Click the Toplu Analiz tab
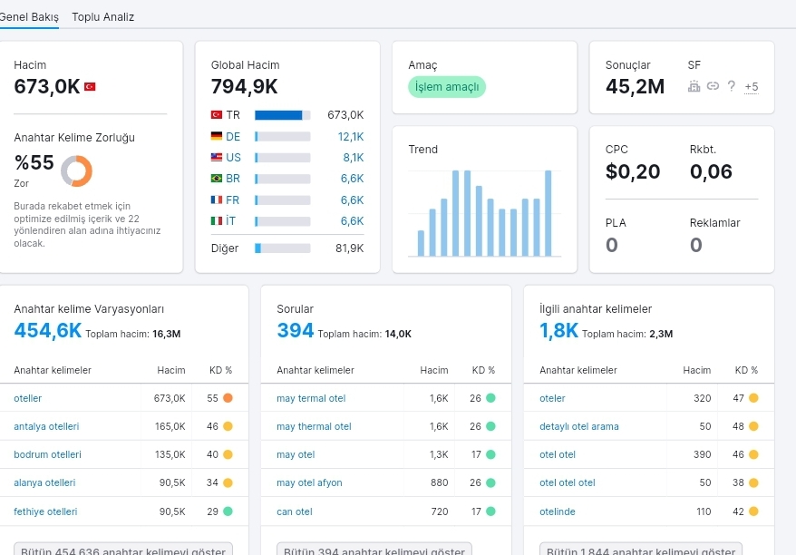103,16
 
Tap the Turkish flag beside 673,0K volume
90,87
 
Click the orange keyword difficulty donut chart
77,170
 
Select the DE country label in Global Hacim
233,137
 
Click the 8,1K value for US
354,158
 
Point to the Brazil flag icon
217,179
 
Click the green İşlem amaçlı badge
447,87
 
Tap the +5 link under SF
752,87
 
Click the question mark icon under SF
731,86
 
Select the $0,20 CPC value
633,171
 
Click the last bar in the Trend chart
548,213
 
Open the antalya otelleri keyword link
46,426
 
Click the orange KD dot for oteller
228,398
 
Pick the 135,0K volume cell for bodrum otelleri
170,454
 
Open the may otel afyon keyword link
309,482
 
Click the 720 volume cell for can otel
440,511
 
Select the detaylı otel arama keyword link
579,426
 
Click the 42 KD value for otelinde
738,511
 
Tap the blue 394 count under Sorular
296,331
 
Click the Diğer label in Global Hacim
225,248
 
